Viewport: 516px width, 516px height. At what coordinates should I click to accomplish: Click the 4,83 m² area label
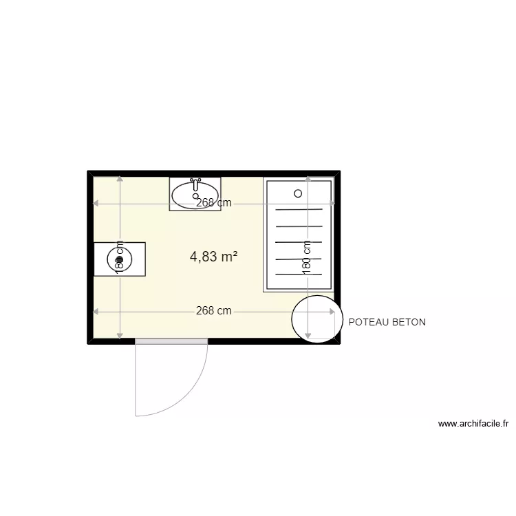[213, 257]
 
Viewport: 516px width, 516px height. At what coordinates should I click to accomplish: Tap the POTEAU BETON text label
[387, 322]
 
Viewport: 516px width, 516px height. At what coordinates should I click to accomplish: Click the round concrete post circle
[316, 319]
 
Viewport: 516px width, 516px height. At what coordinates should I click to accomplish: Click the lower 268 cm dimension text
[213, 311]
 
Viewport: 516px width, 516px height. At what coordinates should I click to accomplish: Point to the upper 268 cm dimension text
[213, 203]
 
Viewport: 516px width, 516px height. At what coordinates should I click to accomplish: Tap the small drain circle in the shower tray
[298, 194]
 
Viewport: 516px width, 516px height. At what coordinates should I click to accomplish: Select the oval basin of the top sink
[195, 195]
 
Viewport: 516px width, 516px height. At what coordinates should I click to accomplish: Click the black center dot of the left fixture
[120, 259]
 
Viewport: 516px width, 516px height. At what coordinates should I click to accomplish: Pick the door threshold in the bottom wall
[171, 341]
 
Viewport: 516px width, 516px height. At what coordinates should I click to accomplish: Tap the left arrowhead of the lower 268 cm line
[96, 312]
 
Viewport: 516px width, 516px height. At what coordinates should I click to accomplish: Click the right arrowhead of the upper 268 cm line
[332, 203]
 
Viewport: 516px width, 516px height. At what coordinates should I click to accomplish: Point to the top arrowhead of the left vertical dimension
[120, 179]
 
